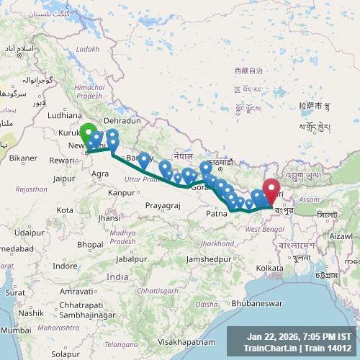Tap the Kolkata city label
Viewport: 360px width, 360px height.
[269, 268]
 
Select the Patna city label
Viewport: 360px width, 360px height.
[217, 214]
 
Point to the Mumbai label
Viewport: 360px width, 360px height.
[12, 330]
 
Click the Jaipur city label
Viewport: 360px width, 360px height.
[64, 178]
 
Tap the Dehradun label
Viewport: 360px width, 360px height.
[120, 121]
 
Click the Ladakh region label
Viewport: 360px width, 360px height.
[88, 49]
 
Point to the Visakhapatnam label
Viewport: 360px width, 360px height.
[189, 341]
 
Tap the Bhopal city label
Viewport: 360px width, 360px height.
[91, 245]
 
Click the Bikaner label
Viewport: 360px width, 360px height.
[23, 158]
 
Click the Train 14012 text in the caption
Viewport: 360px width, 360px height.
[328, 348]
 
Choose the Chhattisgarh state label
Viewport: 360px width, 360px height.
[156, 290]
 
